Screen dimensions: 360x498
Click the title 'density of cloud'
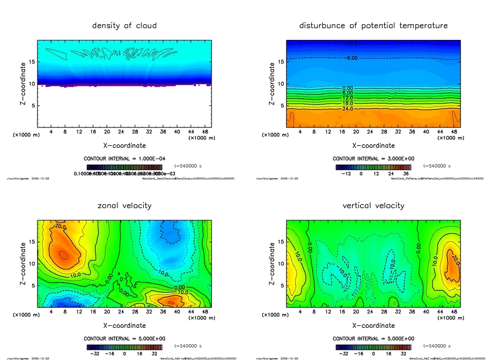click(124, 25)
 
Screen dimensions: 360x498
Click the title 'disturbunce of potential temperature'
click(373, 25)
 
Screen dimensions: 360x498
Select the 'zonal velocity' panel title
click(124, 205)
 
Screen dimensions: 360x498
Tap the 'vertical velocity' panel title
click(373, 205)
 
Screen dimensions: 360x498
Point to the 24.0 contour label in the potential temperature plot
click(347, 108)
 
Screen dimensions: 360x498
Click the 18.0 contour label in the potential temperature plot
click(347, 103)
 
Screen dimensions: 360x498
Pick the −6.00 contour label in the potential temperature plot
click(351, 58)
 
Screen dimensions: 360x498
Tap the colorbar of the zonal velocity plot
click(124, 347)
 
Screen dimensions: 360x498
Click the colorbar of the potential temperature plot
click(373, 167)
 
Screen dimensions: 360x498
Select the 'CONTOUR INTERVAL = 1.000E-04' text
click(124, 159)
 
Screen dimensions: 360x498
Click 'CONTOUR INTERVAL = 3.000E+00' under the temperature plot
click(373, 159)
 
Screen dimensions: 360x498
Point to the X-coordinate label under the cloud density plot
click(124, 145)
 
